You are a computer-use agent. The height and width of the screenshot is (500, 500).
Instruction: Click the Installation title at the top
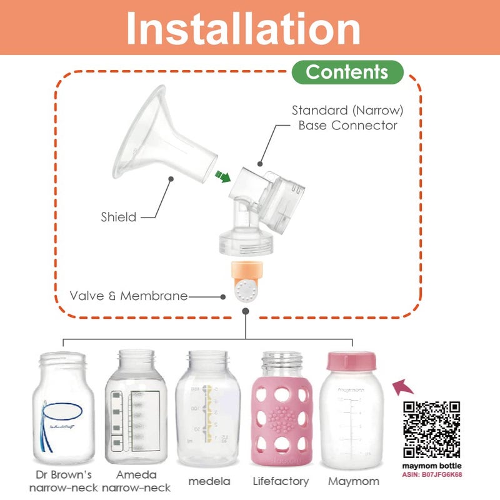pos(244,28)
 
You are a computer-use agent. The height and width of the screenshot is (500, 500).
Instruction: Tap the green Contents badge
pos(347,72)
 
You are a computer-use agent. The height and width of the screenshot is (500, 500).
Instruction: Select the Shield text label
pos(118,217)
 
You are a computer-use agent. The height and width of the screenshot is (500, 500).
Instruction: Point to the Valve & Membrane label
pos(129,296)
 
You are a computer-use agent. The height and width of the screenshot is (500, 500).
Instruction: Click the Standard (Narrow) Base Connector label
pos(347,118)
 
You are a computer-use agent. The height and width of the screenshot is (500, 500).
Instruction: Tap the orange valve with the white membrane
pos(245,281)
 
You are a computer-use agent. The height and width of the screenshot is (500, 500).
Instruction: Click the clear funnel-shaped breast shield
pos(156,141)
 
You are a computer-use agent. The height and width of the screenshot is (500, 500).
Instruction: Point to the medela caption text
pos(209,481)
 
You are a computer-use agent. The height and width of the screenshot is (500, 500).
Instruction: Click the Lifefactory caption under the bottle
pos(281,481)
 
